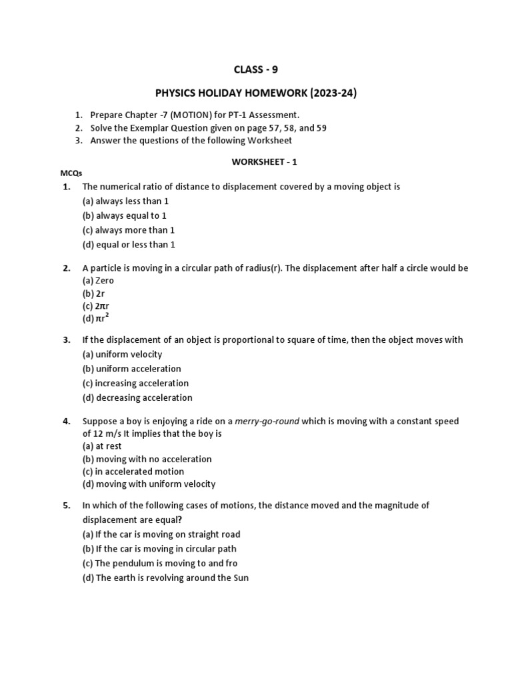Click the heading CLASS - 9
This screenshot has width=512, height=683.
(256, 69)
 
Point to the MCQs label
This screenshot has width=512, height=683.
(71, 173)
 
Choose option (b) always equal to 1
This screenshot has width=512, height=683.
(124, 215)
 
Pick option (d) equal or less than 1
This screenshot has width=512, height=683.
(129, 245)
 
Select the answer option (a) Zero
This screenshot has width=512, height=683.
(98, 281)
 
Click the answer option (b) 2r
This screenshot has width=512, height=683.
(93, 293)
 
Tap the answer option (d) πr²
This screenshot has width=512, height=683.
(95, 318)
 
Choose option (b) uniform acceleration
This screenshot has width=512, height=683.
(131, 369)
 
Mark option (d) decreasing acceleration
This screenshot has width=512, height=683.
(137, 398)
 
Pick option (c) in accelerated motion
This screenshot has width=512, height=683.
(133, 472)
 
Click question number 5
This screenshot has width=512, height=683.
(67, 506)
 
